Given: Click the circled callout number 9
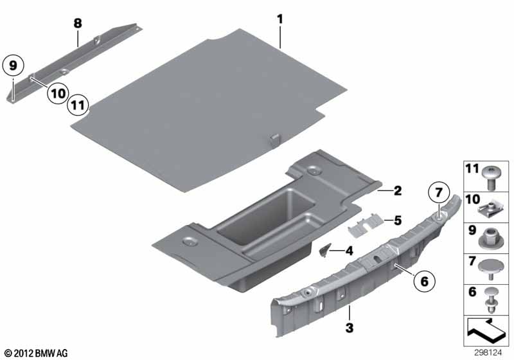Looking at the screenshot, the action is (x=13, y=66).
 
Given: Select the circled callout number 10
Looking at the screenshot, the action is (x=58, y=94).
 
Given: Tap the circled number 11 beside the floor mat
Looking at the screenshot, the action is (x=78, y=105).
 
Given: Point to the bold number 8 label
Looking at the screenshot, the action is (x=78, y=24).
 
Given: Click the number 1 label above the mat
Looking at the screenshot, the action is (x=279, y=19).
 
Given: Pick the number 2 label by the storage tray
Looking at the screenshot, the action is (x=398, y=190).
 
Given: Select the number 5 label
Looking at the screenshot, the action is (x=398, y=221).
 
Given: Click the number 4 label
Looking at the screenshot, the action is (x=350, y=251).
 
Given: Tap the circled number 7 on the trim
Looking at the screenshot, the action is (x=439, y=192).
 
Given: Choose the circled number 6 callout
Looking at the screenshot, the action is (x=425, y=281).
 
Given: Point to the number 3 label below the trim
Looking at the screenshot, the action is (x=350, y=328).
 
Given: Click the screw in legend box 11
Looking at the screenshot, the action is (x=491, y=178).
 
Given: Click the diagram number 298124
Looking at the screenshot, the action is (x=488, y=353).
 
